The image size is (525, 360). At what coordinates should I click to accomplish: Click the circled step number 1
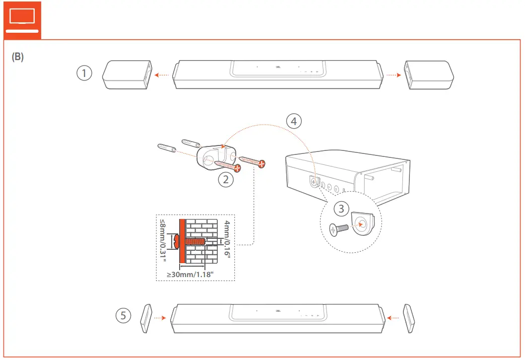pyautogui.click(x=85, y=74)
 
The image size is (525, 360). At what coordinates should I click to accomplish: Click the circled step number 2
pyautogui.click(x=226, y=180)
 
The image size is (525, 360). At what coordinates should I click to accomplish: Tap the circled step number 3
pyautogui.click(x=341, y=209)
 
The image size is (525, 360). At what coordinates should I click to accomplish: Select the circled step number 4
pyautogui.click(x=294, y=121)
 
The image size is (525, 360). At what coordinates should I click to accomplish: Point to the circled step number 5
pyautogui.click(x=124, y=315)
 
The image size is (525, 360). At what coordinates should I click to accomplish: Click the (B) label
pyautogui.click(x=17, y=57)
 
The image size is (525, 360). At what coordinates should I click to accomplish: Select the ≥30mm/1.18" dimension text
pyautogui.click(x=194, y=274)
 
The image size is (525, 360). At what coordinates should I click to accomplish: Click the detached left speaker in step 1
pyautogui.click(x=127, y=74)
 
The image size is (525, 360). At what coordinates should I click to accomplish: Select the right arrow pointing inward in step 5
pyautogui.click(x=394, y=316)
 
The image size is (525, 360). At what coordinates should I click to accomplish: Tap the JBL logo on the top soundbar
pyautogui.click(x=277, y=66)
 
